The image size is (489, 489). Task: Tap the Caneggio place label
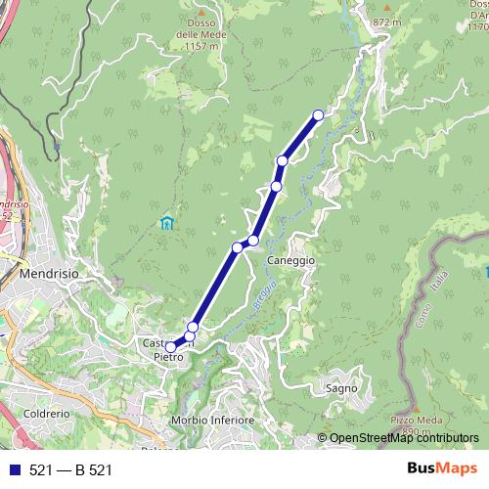[291, 261]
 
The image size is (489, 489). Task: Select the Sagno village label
[341, 387]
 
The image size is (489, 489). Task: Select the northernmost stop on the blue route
[318, 115]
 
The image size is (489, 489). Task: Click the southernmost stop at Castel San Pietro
[170, 346]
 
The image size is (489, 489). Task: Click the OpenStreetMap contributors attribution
[404, 438]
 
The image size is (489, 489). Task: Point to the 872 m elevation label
[387, 21]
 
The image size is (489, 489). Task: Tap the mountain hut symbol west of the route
[166, 223]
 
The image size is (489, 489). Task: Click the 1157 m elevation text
[200, 46]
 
